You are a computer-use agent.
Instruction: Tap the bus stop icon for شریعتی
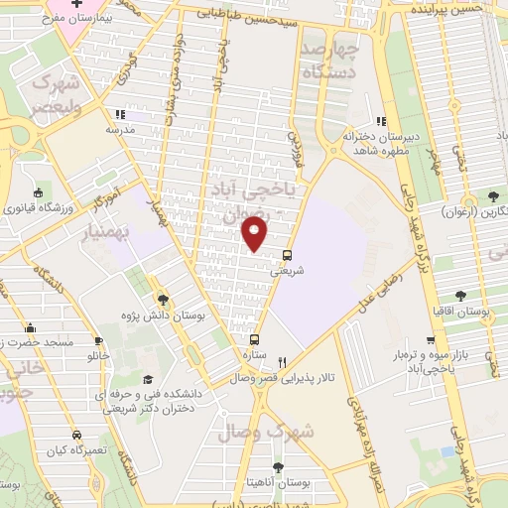[288, 253]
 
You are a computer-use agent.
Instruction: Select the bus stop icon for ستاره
[255, 338]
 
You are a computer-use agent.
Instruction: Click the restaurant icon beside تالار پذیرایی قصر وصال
[283, 363]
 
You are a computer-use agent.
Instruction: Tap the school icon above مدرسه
[119, 113]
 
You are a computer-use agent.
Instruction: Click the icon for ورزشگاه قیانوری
[37, 192]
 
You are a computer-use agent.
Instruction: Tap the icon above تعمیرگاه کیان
[76, 436]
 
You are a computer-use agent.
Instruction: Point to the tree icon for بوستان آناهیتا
[277, 466]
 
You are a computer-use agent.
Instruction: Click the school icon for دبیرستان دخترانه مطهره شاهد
[381, 121]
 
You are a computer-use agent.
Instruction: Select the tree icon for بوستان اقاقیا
[460, 295]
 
